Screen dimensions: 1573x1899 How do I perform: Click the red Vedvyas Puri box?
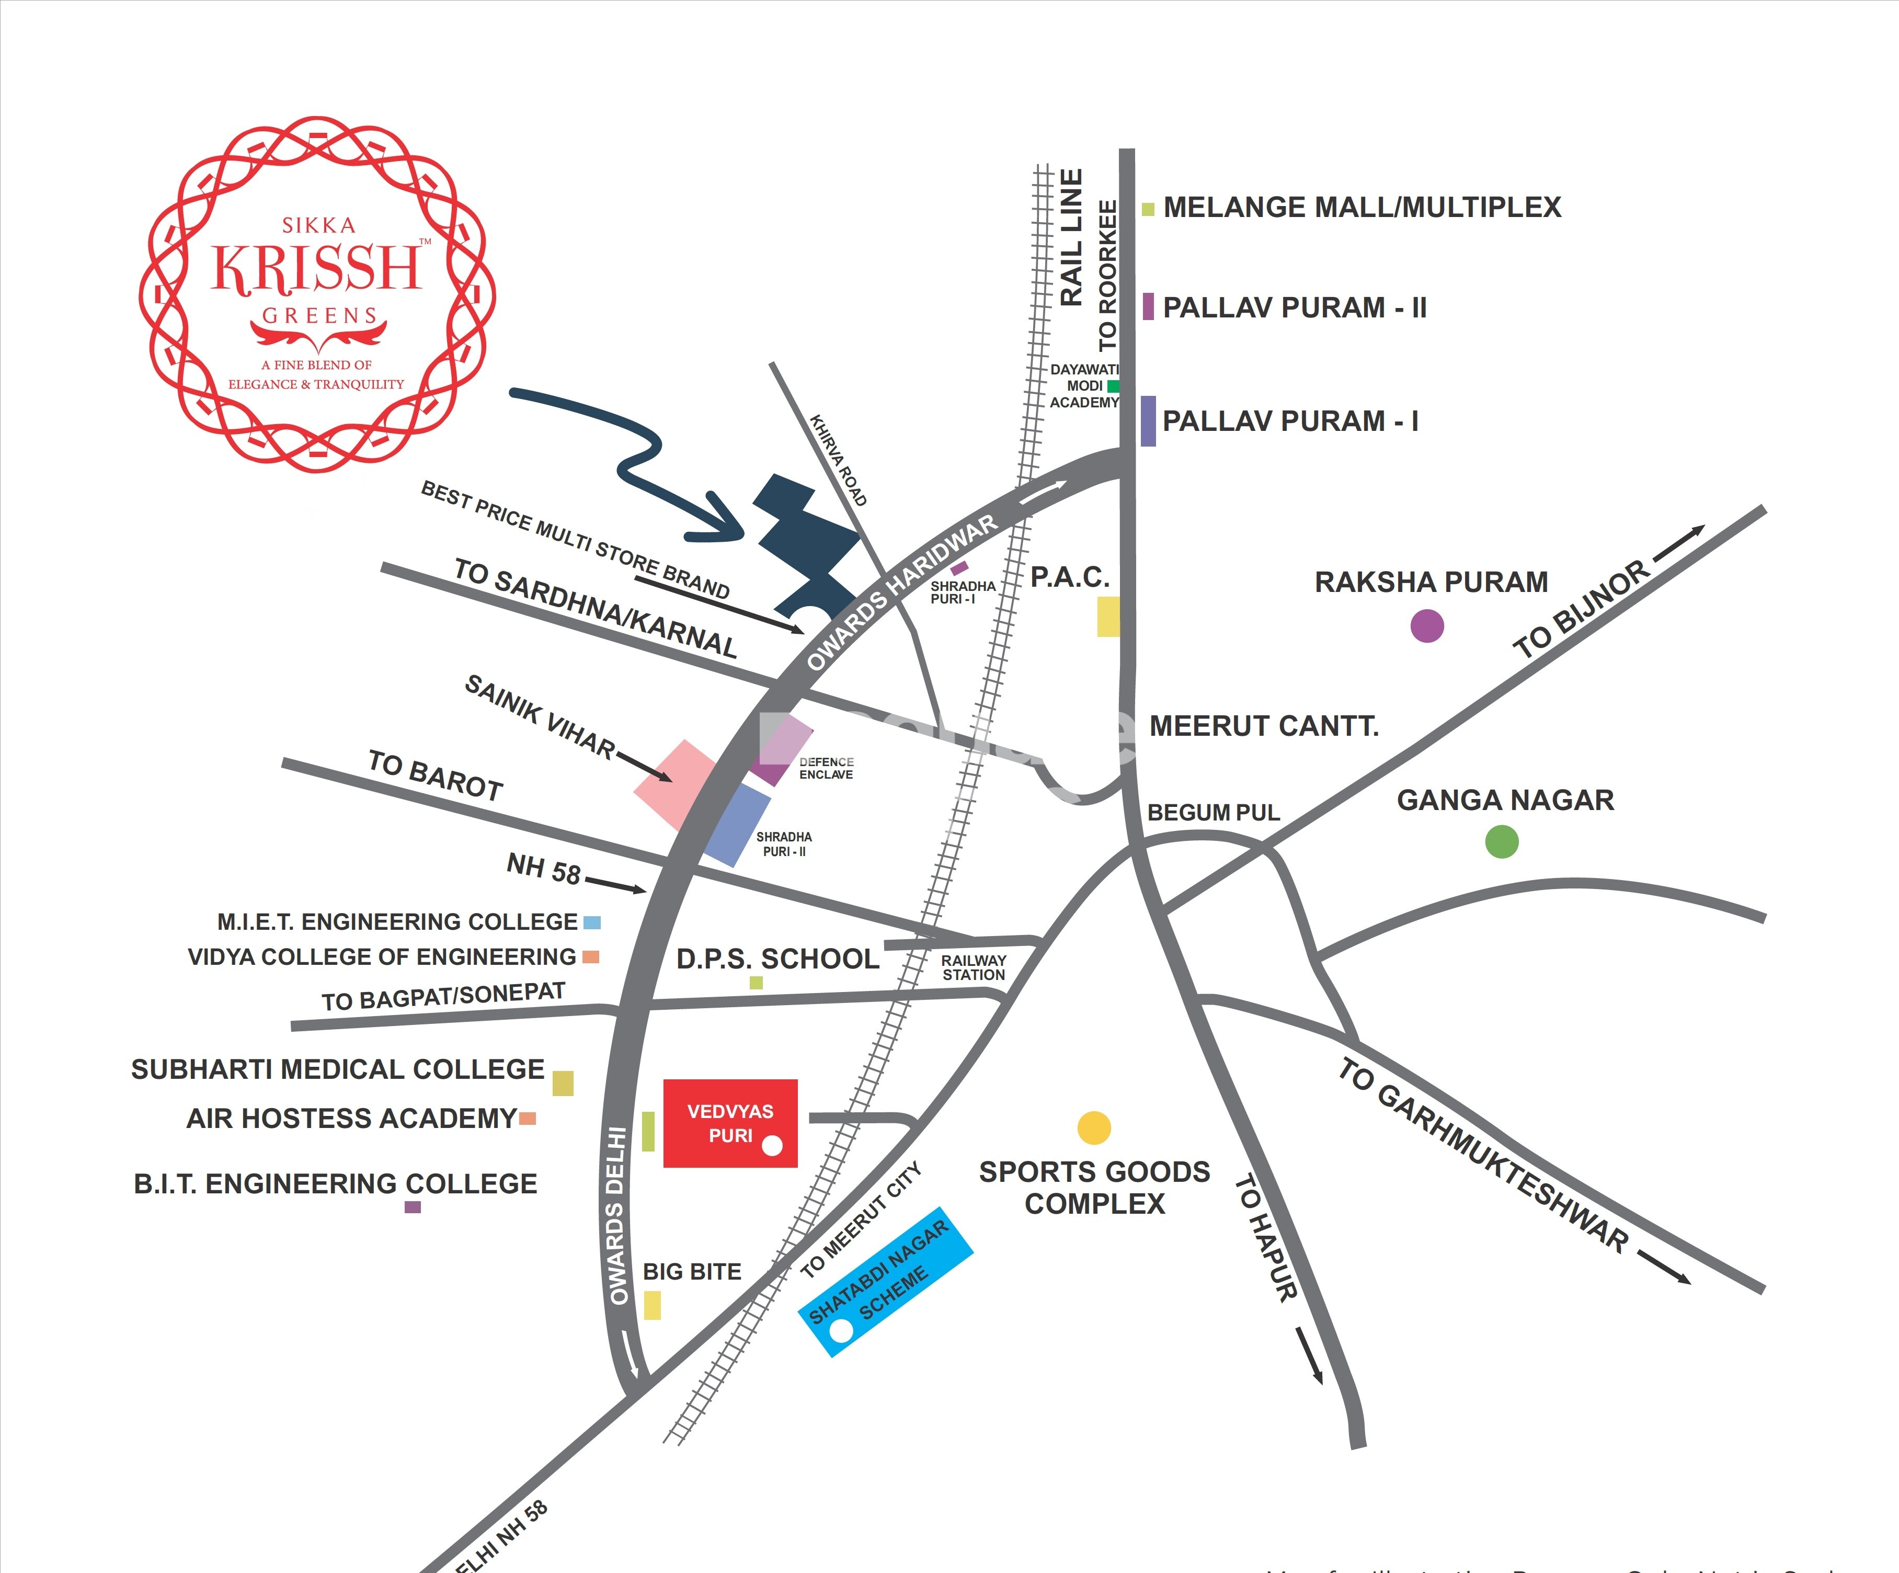(x=730, y=1123)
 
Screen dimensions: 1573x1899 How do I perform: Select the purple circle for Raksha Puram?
(x=1427, y=625)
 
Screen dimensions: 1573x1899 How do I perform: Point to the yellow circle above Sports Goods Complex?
(x=1094, y=1127)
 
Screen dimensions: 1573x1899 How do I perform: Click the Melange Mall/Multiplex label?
(x=1362, y=207)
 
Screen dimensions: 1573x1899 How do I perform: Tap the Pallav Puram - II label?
(x=1294, y=307)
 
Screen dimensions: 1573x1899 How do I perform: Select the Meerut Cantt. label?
(x=1263, y=725)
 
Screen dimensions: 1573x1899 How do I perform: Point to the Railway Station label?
(x=973, y=967)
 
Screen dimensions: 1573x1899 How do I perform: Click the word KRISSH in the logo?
(x=316, y=268)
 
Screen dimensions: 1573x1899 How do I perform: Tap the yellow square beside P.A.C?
(x=1108, y=616)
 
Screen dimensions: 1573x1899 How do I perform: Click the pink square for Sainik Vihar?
(x=674, y=783)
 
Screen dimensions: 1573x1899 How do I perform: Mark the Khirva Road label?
(x=838, y=460)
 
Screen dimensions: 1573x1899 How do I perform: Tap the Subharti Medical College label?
(x=337, y=1069)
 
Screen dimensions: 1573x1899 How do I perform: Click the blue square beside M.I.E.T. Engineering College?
(x=591, y=922)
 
